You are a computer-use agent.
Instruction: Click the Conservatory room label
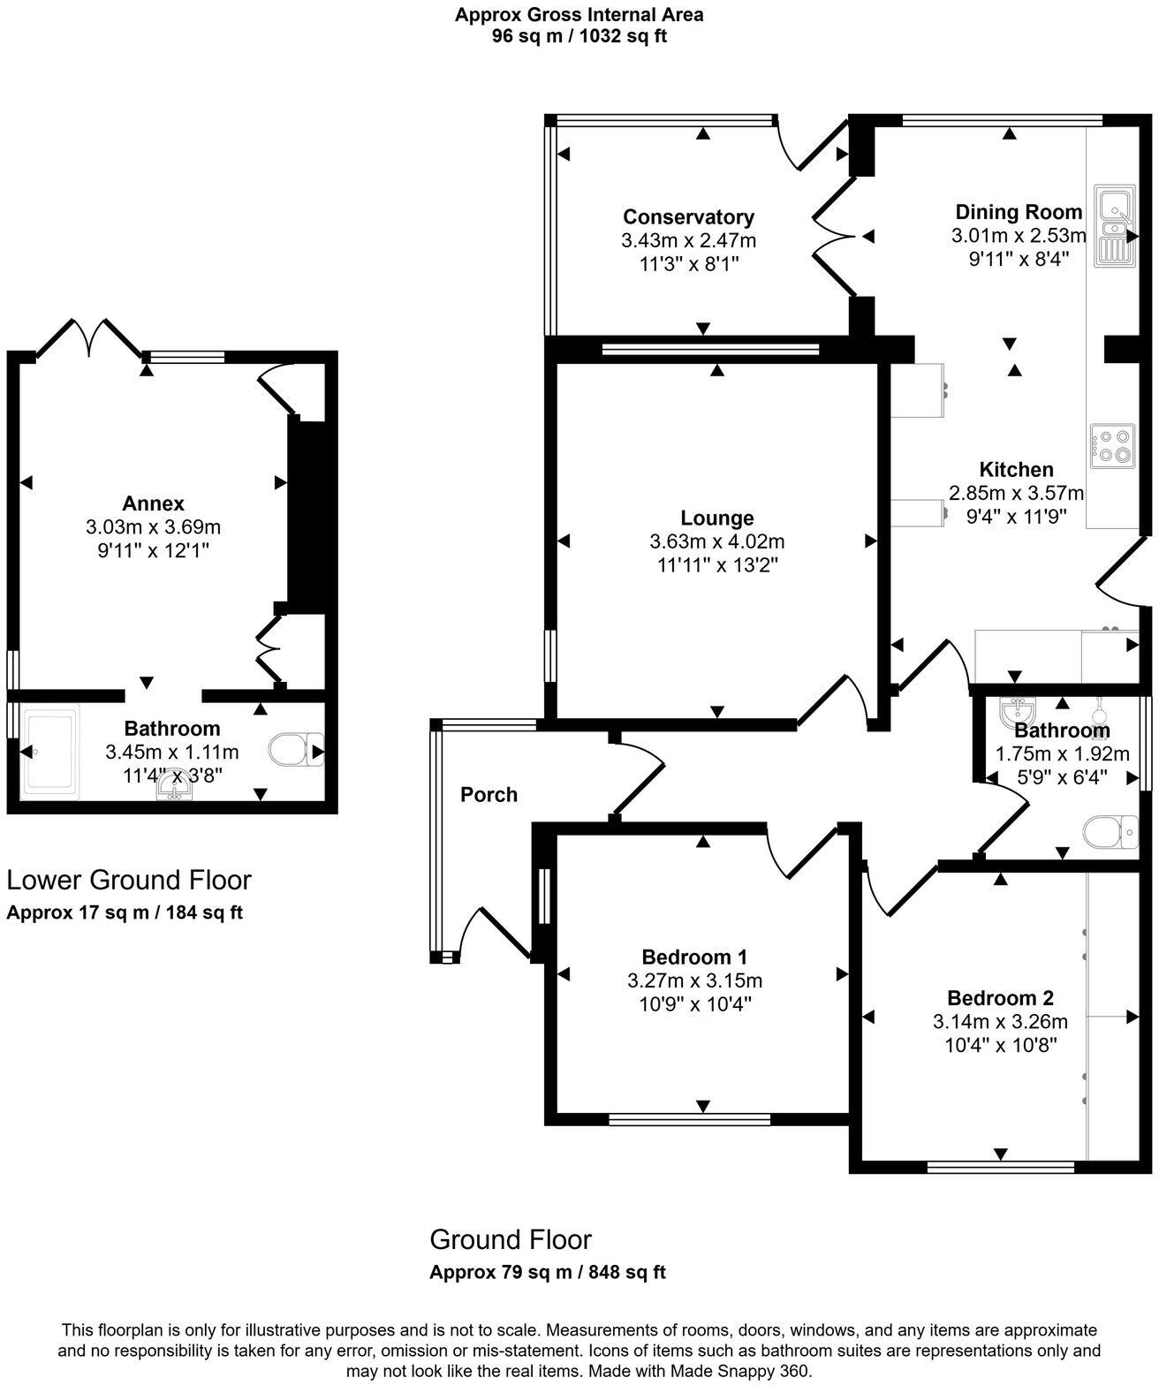coord(688,217)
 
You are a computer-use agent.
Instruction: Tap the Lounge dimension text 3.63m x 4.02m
coord(716,541)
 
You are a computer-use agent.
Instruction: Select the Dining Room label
coord(1019,212)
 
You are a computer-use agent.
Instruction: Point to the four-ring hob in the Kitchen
coord(1112,445)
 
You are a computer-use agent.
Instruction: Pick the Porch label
coord(489,795)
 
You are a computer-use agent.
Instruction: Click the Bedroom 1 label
coord(694,957)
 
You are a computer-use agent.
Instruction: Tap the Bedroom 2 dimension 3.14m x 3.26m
coord(1000,1022)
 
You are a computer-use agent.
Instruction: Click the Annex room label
coord(153,503)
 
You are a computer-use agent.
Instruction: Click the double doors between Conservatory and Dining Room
coord(834,237)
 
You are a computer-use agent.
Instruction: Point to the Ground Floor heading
coord(511,1239)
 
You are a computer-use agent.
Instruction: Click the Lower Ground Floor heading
coord(129,880)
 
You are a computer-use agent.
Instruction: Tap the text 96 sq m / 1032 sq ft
coord(579,37)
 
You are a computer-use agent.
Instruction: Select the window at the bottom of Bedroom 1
coord(691,1120)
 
